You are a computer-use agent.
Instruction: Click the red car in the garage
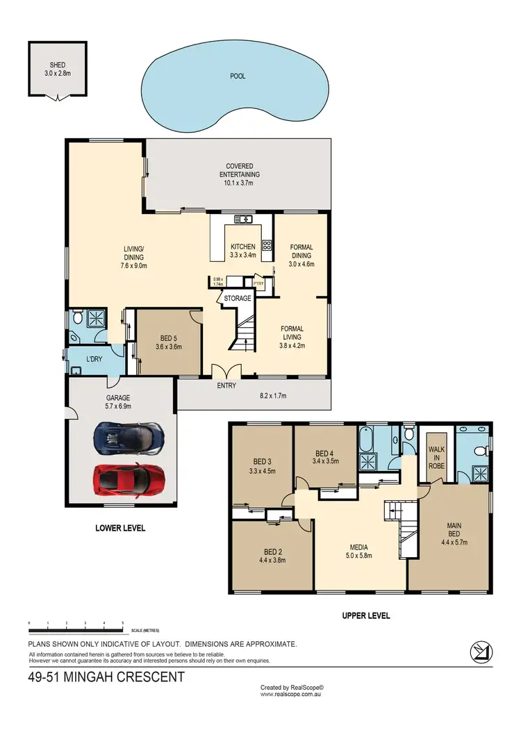[131, 479]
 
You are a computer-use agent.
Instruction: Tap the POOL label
[238, 76]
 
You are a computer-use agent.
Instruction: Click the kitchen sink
[242, 220]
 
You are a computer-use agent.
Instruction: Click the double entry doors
[227, 371]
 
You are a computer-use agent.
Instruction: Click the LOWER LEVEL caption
[119, 529]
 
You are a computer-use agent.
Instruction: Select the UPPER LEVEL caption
[365, 615]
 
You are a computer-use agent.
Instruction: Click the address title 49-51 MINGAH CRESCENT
[107, 677]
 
